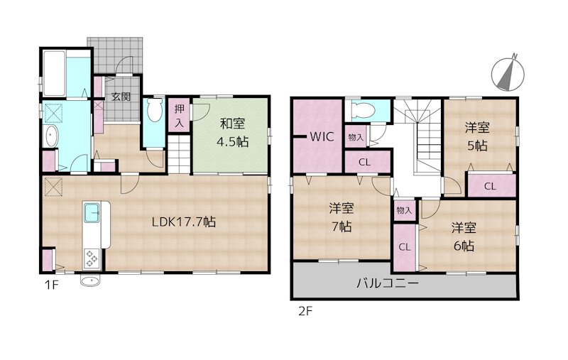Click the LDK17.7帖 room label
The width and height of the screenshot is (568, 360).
[183, 222]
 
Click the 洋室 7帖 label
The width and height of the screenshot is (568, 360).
[342, 218]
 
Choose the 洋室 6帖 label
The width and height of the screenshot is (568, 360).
[465, 236]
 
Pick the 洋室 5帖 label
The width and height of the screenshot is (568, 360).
[477, 136]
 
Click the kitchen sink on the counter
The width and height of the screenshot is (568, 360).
[94, 212]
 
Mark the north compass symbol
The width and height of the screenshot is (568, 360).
[507, 73]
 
